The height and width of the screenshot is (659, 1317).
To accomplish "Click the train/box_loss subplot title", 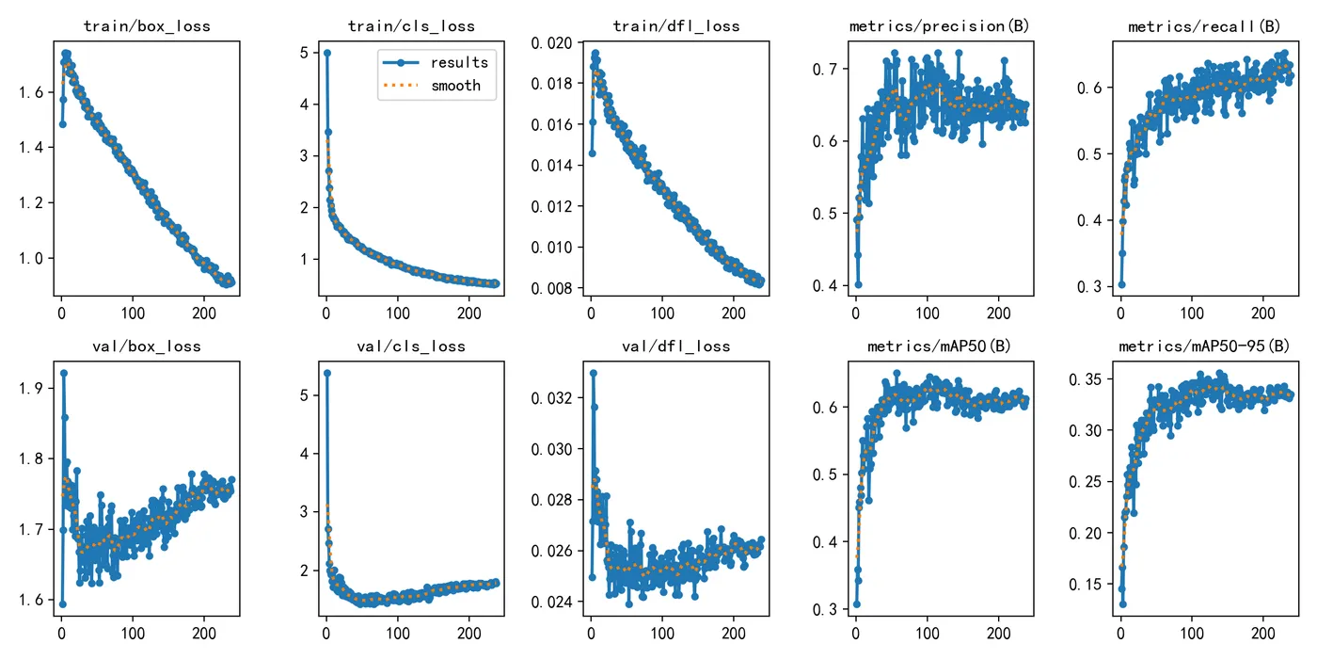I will pyautogui.click(x=147, y=26).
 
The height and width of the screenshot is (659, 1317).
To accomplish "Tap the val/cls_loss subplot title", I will pyautogui.click(x=411, y=346).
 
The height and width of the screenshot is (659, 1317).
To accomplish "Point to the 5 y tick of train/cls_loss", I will pyautogui.click(x=301, y=54).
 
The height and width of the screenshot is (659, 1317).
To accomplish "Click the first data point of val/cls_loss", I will pyautogui.click(x=326, y=373).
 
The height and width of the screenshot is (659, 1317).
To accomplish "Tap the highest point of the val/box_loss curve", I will pyautogui.click(x=63, y=373).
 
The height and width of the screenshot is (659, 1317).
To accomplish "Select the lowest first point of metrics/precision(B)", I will pyautogui.click(x=857, y=284).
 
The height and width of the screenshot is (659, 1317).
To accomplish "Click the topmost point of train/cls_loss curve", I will pyautogui.click(x=326, y=53).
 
